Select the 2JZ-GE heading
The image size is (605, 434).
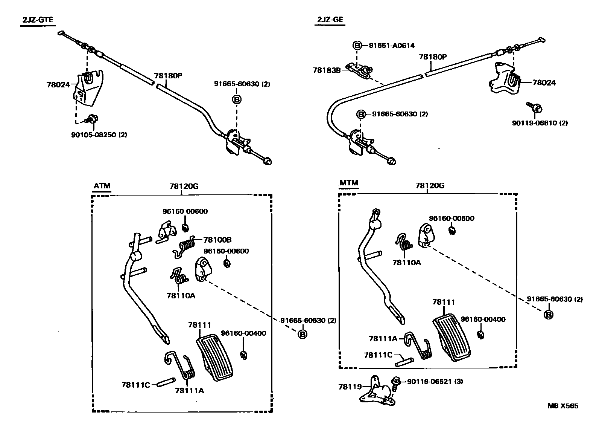tap(330, 20)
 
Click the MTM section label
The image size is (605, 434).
tap(349, 183)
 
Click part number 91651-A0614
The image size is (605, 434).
tap(391, 46)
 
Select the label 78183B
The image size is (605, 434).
tap(327, 70)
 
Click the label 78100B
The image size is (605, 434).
tap(217, 240)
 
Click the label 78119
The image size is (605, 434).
tap(350, 387)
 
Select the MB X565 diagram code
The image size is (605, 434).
tap(563, 406)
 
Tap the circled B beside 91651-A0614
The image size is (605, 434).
tap(357, 46)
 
